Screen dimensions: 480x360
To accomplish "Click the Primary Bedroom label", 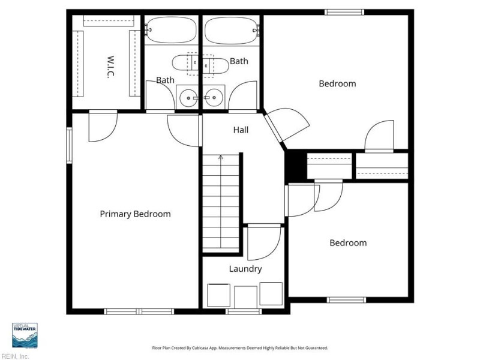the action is (136, 214).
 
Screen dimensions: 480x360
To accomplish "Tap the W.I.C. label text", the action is (110, 67).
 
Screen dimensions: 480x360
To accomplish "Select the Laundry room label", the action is (245, 269).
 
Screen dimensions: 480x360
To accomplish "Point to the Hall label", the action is (241, 130).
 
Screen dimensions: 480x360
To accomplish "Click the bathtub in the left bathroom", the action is (171, 30).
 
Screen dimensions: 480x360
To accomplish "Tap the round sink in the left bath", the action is (188, 98).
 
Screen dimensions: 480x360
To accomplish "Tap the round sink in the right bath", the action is (214, 98).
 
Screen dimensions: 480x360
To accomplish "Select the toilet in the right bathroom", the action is (217, 64).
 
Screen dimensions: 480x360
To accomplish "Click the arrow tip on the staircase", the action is (221, 156).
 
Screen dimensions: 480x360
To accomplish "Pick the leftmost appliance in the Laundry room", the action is (218, 295).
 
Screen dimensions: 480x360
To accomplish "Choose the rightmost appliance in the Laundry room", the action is (271, 293).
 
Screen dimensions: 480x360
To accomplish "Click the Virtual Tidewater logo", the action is (25, 335).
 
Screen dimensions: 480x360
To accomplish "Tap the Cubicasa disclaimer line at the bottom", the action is (240, 348).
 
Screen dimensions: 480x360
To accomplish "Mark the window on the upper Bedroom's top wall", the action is (344, 12).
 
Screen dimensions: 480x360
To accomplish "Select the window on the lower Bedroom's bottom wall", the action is (346, 300).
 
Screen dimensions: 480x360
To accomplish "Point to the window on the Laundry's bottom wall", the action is (244, 311).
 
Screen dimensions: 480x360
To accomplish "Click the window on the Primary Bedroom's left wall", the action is (70, 145).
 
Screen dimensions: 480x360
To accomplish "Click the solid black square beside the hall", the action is (296, 166).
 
